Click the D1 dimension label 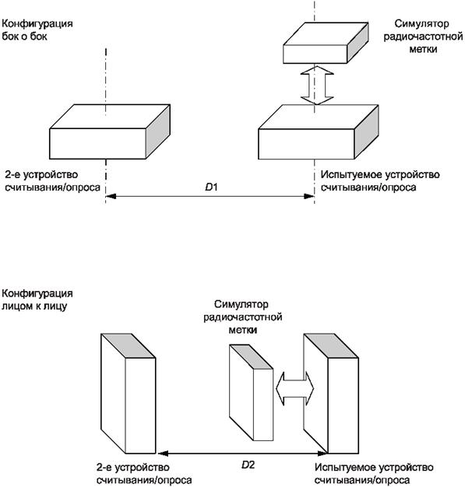pyautogui.click(x=212, y=187)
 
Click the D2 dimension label pyautogui.click(x=248, y=464)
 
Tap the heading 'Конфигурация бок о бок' pyautogui.click(x=37, y=30)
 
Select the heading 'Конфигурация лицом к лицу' pyautogui.click(x=37, y=300)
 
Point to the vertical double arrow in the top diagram pyautogui.click(x=317, y=85)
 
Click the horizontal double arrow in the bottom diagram pyautogui.click(x=295, y=388)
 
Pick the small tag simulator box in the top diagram pyautogui.click(x=326, y=43)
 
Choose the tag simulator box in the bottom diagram pyautogui.click(x=252, y=393)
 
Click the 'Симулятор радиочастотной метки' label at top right pyautogui.click(x=423, y=37)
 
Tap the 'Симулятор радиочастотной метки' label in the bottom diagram pyautogui.click(x=242, y=317)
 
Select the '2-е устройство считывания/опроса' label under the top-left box pyautogui.click(x=52, y=180)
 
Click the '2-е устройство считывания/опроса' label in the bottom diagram pyautogui.click(x=144, y=474)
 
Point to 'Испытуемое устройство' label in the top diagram pyautogui.click(x=380, y=174)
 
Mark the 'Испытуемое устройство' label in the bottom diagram pyautogui.click(x=374, y=467)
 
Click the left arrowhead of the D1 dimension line pyautogui.click(x=111, y=196)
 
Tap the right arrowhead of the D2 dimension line pyautogui.click(x=322, y=454)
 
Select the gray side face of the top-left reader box pyautogui.click(x=158, y=131)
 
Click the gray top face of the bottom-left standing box pyautogui.click(x=129, y=345)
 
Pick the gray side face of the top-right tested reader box pyautogui.click(x=366, y=131)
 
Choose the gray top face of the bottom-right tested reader pyautogui.click(x=331, y=345)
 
